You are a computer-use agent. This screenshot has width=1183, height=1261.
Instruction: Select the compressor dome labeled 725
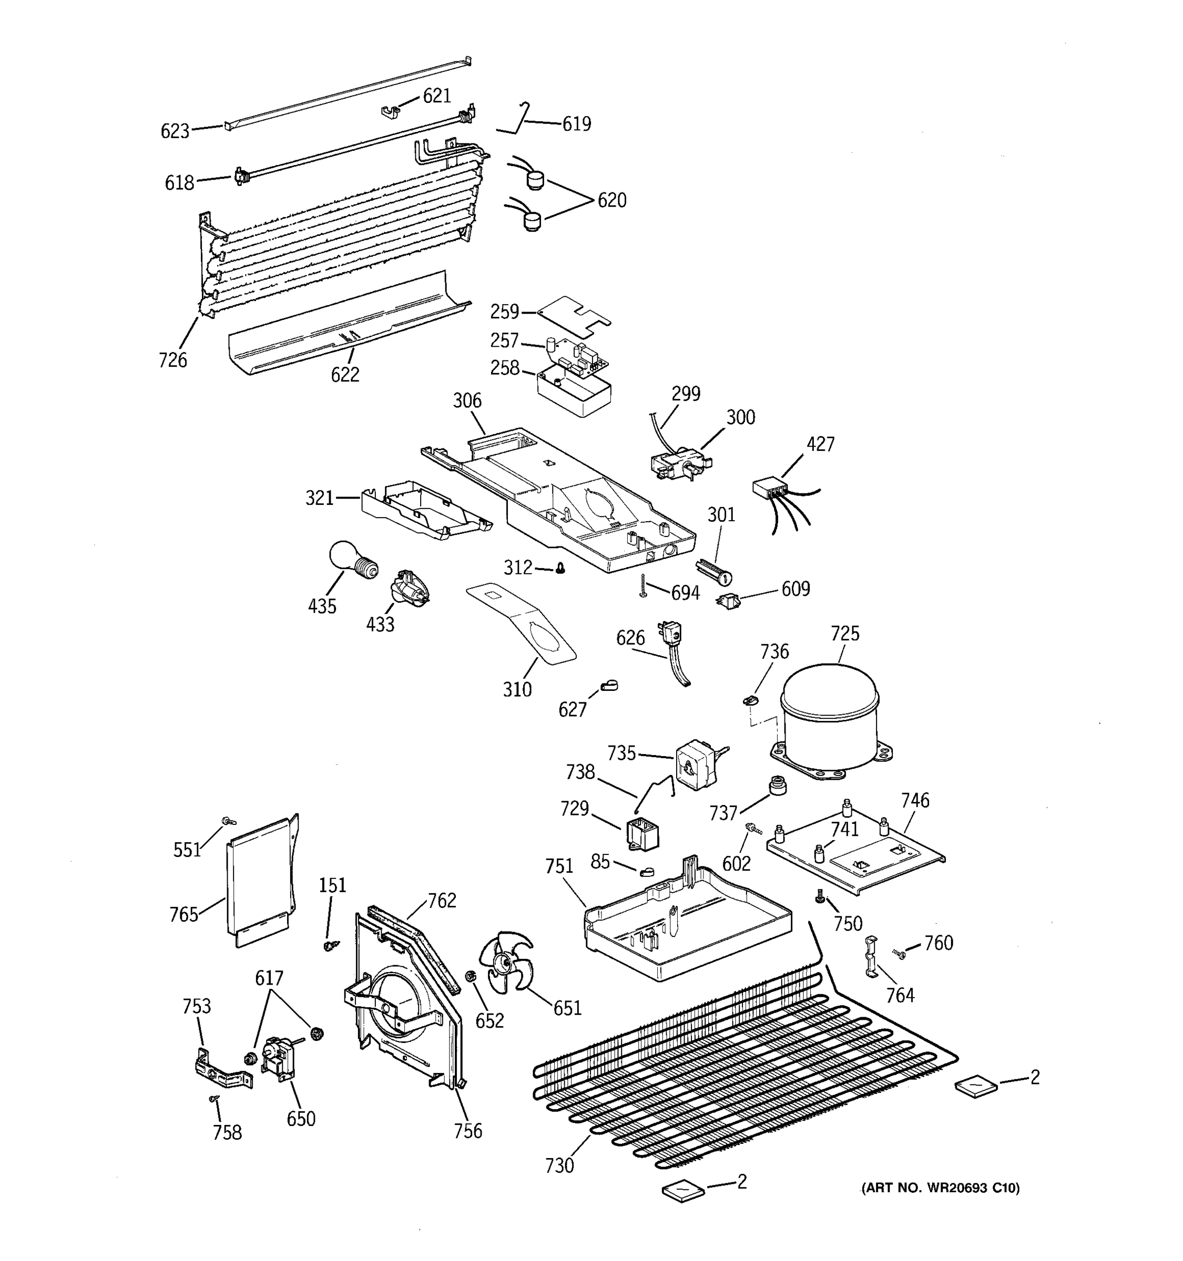[829, 714]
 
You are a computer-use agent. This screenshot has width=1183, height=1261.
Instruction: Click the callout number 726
[172, 360]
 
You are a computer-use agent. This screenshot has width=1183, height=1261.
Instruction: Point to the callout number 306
[466, 401]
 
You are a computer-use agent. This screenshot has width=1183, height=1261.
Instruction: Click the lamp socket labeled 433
[410, 587]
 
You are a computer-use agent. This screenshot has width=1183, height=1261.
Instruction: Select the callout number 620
[611, 200]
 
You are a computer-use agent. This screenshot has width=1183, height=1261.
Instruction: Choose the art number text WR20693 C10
[940, 1188]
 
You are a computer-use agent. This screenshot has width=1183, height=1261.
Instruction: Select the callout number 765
[183, 915]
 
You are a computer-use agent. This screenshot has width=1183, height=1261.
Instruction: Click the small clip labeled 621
[391, 111]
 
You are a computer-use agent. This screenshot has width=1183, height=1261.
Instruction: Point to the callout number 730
[558, 1166]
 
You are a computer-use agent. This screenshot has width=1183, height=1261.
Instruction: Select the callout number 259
[505, 312]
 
